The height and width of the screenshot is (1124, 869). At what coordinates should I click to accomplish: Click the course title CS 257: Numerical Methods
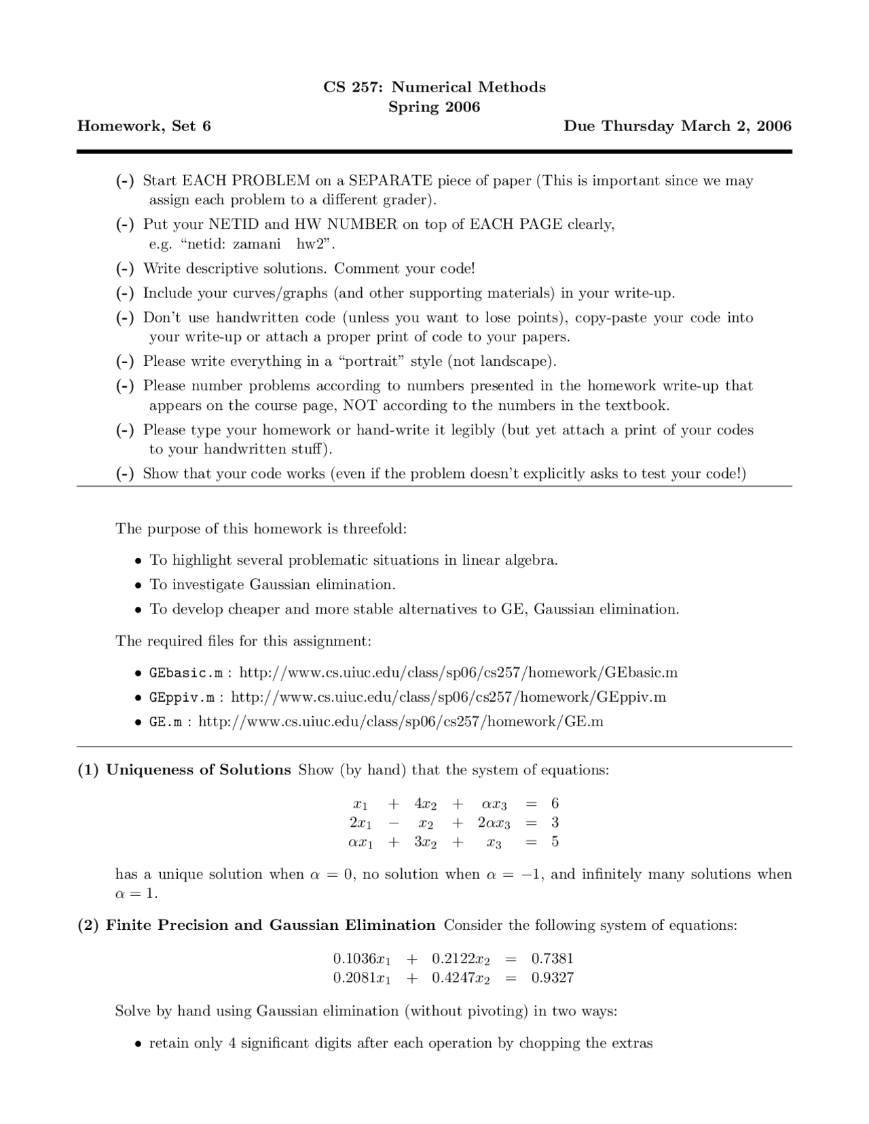434,87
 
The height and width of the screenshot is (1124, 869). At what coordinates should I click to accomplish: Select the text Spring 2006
434,107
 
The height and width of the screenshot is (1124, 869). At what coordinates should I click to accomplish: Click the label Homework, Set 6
144,126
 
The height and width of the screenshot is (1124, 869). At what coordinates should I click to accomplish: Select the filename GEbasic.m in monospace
186,673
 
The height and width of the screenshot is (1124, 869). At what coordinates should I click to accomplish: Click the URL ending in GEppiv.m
448,697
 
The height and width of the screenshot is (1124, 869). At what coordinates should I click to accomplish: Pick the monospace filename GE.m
166,722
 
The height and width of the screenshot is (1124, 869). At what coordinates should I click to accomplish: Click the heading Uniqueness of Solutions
198,770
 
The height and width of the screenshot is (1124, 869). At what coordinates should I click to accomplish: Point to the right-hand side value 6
555,804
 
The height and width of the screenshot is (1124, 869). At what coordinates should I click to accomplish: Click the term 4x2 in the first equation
425,804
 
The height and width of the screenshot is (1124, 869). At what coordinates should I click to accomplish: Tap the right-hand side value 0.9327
552,978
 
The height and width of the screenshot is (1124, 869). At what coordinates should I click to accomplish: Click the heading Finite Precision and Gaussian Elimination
270,925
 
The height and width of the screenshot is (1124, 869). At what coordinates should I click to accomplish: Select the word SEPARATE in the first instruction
390,181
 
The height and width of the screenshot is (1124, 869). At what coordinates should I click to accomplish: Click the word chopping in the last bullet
547,1043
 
